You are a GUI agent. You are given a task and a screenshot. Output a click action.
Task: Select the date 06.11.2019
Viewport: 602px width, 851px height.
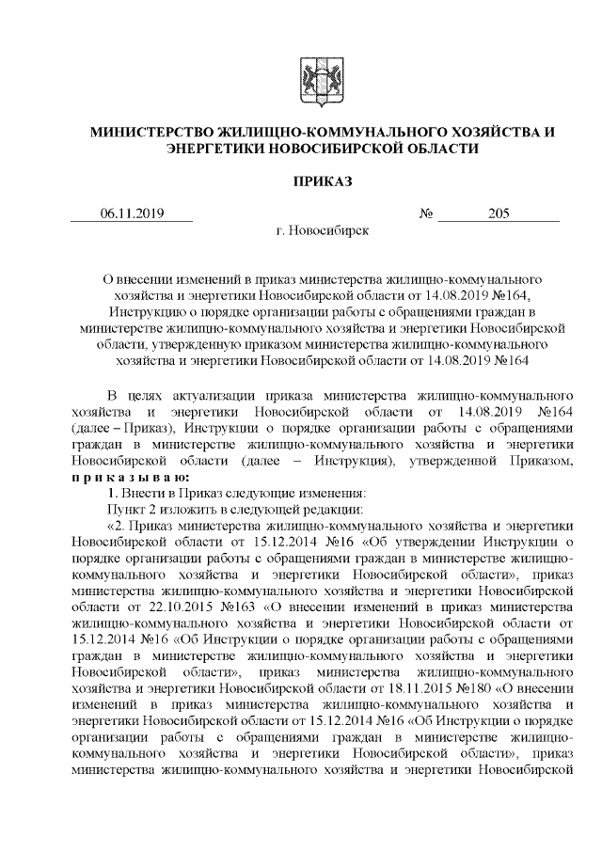point(132,213)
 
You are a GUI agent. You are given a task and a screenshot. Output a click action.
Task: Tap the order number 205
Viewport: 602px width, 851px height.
point(499,213)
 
